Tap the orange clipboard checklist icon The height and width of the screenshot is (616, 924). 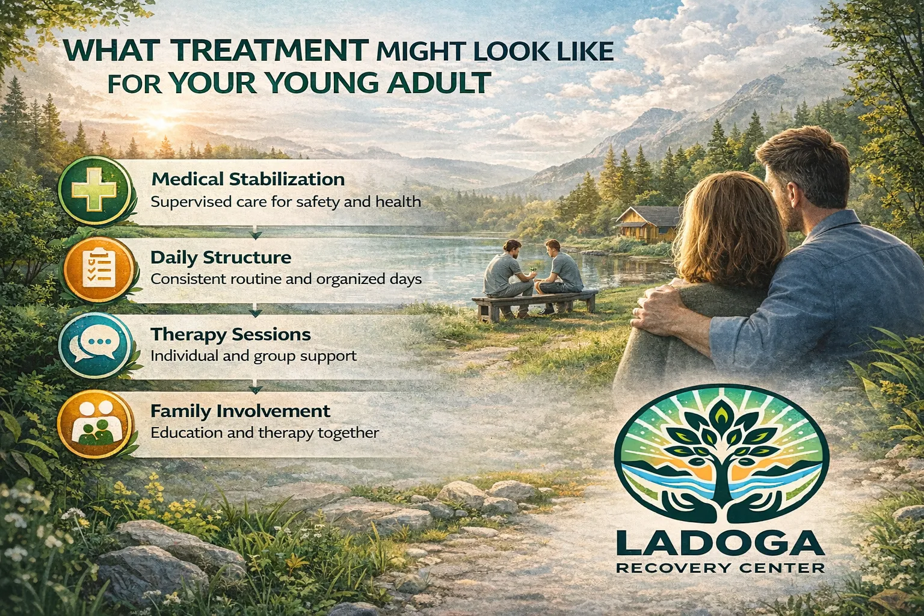[98, 266]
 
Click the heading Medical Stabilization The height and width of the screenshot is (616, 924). [248, 179]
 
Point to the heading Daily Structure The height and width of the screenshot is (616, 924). [221, 257]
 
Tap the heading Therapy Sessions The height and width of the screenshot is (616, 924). [230, 334]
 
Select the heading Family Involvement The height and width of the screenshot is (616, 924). [240, 411]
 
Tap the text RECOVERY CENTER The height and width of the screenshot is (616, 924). [720, 568]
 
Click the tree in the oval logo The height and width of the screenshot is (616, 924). [720, 448]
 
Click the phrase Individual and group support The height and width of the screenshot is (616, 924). [253, 356]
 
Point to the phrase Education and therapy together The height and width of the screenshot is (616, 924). [265, 433]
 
